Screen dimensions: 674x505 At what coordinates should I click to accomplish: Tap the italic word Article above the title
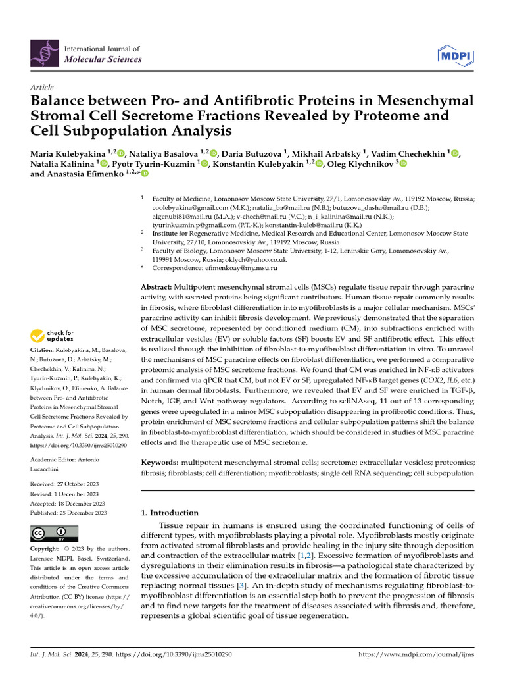[42, 88]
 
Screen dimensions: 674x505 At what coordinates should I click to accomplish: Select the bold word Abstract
[156, 288]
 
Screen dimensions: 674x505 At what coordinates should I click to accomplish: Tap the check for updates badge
[53, 336]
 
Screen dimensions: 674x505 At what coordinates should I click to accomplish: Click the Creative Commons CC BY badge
[54, 532]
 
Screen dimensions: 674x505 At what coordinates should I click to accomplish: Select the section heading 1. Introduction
[170, 513]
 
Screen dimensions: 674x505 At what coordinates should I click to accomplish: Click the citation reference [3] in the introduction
[241, 585]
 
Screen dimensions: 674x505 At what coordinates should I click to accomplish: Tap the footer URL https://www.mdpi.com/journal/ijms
[416, 655]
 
